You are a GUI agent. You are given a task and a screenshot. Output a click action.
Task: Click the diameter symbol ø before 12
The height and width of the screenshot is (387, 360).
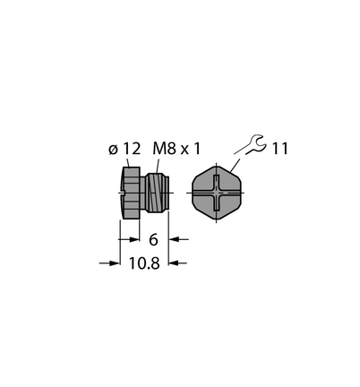tap(113, 150)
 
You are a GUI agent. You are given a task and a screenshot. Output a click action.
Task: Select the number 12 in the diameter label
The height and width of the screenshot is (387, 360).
tap(132, 149)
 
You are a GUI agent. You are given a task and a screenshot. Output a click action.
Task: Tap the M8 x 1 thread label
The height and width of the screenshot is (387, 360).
tap(176, 149)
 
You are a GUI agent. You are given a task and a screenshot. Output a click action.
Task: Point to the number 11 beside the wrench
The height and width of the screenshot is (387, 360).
tap(280, 149)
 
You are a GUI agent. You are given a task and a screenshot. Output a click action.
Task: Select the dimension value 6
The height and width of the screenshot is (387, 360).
tap(153, 239)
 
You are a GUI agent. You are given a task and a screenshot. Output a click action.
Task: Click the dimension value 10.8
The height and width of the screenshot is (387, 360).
tap(144, 263)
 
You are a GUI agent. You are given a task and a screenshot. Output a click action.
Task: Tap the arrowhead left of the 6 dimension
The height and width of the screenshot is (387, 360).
tap(134, 239)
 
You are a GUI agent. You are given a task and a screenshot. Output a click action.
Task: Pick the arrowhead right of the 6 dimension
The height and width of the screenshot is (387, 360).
tap(174, 239)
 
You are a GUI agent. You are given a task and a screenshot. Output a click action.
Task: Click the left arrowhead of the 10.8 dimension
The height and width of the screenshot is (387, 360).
tap(115, 263)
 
